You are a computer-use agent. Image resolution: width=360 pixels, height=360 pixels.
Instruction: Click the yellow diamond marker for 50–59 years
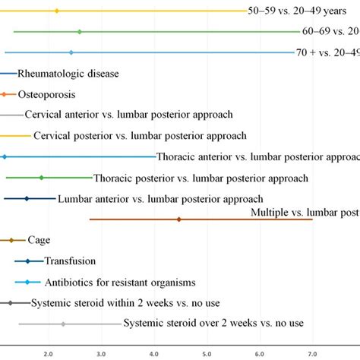tap(57, 11)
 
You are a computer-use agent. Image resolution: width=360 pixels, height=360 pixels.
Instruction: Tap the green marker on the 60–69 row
tap(80, 32)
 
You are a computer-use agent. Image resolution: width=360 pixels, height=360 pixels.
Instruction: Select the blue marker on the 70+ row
tap(71, 52)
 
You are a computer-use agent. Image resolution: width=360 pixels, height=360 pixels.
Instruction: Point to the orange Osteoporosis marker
tap(4, 94)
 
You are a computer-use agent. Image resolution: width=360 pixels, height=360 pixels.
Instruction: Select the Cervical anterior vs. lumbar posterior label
tap(128, 115)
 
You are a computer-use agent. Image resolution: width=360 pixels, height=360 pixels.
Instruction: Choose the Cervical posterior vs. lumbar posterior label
tap(140, 135)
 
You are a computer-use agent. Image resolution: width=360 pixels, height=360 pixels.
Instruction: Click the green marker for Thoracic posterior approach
tap(41, 178)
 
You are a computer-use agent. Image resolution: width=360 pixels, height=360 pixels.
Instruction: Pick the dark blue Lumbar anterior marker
tap(27, 198)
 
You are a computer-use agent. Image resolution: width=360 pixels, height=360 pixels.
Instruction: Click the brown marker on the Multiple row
tap(179, 219)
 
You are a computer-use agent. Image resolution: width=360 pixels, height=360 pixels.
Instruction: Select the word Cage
tap(39, 240)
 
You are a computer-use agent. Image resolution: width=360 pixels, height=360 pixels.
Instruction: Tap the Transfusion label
tap(70, 261)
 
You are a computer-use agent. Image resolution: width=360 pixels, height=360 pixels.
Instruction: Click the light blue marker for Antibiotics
tap(27, 282)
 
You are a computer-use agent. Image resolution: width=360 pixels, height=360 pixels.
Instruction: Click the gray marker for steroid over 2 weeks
tap(63, 324)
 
